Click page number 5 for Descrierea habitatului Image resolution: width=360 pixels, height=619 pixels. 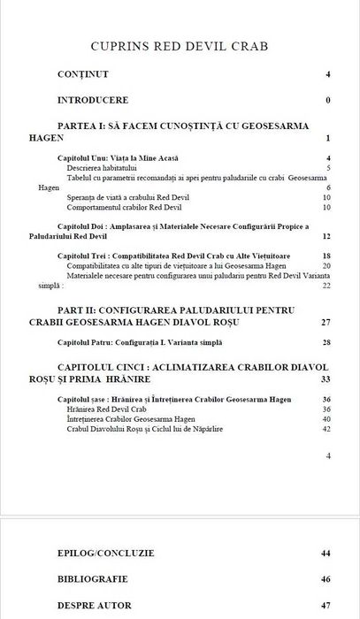coord(328,167)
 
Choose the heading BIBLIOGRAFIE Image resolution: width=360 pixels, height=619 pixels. coord(93,579)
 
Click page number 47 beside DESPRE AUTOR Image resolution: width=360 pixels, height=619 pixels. coord(326,606)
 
